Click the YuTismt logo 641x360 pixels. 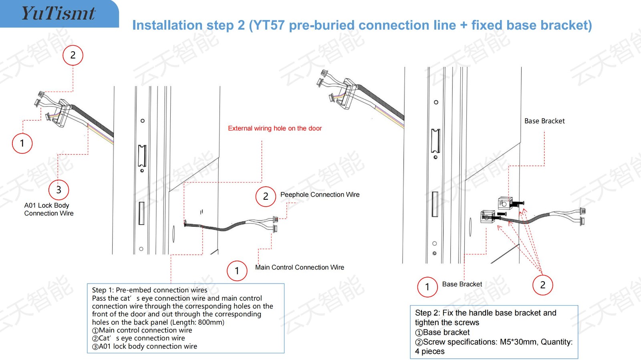pyautogui.click(x=58, y=13)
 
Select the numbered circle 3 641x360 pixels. pyautogui.click(x=58, y=189)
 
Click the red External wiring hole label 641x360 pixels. pyautogui.click(x=275, y=129)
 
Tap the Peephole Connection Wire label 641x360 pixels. pyautogui.click(x=320, y=195)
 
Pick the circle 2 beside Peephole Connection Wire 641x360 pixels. pyautogui.click(x=266, y=196)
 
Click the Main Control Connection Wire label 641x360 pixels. pyautogui.click(x=300, y=267)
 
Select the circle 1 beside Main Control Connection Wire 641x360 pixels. pyautogui.click(x=237, y=271)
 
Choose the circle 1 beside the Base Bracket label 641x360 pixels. pyautogui.click(x=427, y=287)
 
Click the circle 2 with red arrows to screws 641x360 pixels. pyautogui.click(x=542, y=285)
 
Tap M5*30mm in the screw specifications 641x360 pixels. pyautogui.click(x=518, y=342)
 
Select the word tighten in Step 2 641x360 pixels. pyautogui.click(x=427, y=322)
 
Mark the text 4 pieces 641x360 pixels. pyautogui.click(x=430, y=352)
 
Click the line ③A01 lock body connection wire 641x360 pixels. pyautogui.click(x=145, y=346)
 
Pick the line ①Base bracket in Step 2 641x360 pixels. pyautogui.click(x=442, y=332)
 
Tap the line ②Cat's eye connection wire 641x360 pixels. pyautogui.click(x=139, y=338)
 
